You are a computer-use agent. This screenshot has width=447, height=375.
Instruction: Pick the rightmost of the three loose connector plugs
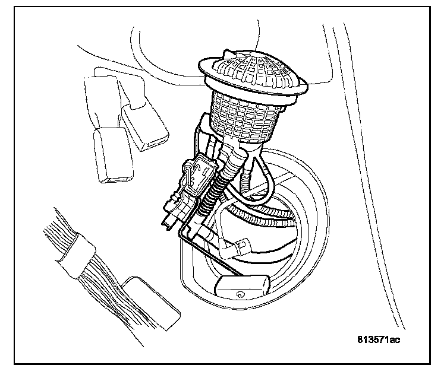146,132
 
